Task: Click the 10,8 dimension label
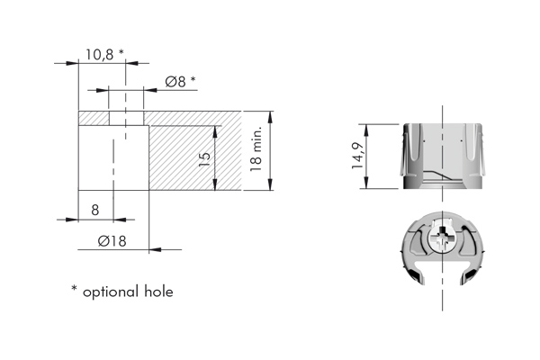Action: [x=99, y=54]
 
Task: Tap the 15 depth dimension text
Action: [x=204, y=158]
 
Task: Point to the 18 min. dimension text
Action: [x=256, y=150]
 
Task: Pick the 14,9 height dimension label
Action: [x=358, y=156]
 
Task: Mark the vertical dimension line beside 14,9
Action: [x=365, y=155]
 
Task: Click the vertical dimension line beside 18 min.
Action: [x=270, y=150]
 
